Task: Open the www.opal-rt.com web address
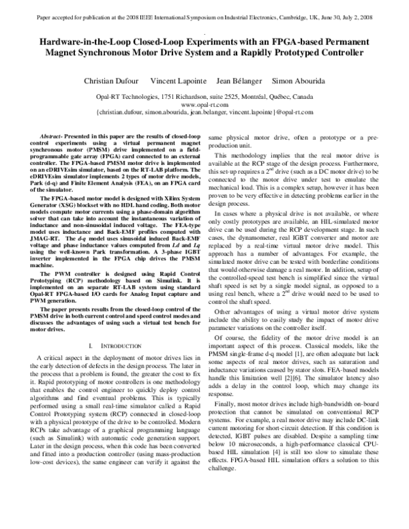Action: (204, 106)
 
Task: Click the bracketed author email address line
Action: (204, 113)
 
